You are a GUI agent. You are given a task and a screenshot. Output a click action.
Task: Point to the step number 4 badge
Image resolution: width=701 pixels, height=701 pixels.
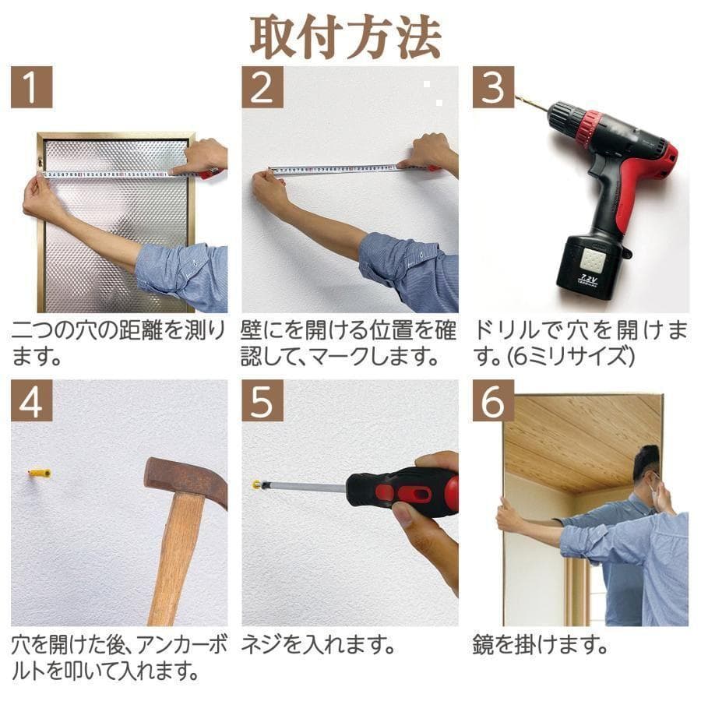click(31, 401)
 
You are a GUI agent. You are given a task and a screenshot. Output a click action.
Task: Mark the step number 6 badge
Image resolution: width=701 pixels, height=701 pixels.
click(493, 401)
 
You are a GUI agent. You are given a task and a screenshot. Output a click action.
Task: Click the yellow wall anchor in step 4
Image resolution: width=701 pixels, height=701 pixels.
click(40, 473)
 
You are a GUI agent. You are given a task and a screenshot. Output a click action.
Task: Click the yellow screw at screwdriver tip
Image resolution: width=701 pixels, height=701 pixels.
click(256, 484)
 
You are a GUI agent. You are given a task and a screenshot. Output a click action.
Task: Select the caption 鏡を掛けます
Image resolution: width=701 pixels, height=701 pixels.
click(539, 645)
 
